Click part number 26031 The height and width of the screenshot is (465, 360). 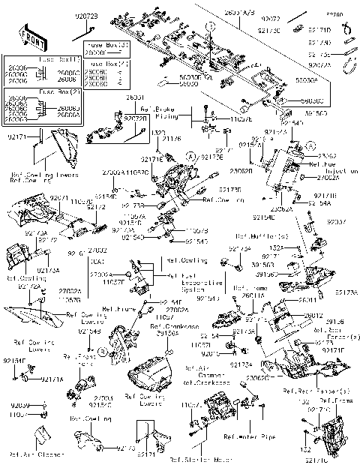(x=135, y=98)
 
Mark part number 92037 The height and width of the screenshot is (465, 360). (x=337, y=222)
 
